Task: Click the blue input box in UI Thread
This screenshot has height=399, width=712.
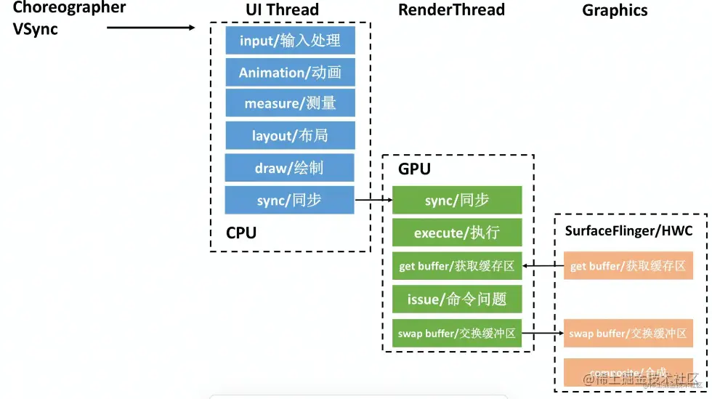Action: click(290, 41)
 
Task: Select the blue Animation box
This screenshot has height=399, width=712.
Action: click(290, 73)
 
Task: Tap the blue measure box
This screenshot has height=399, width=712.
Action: click(290, 103)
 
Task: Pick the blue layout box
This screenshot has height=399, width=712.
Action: click(290, 136)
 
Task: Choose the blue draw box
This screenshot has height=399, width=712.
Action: click(289, 168)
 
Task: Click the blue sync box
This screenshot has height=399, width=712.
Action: click(289, 200)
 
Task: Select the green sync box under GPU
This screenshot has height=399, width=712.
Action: click(457, 201)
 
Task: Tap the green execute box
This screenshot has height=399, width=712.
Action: click(457, 233)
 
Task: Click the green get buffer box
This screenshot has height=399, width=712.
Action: click(457, 266)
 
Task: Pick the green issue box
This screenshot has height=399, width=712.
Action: click(457, 299)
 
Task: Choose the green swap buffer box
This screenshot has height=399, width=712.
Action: click(457, 333)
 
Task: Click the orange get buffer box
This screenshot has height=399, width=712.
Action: click(628, 266)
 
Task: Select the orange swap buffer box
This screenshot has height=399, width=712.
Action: click(628, 334)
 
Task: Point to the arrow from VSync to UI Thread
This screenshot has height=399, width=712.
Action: click(151, 28)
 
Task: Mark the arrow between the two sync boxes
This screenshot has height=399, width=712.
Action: click(373, 199)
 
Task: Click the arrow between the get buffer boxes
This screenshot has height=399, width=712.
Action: click(543, 266)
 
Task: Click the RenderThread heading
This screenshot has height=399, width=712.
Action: click(451, 9)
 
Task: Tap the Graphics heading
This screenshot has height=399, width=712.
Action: click(615, 10)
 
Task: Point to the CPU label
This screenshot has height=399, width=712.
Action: click(241, 233)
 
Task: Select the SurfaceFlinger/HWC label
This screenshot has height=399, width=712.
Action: click(628, 231)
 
